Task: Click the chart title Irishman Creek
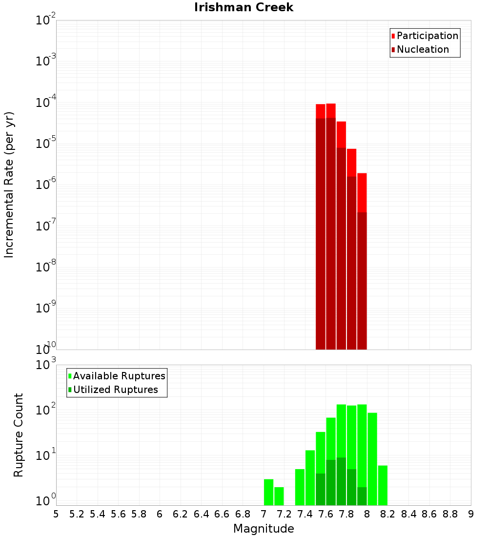(x=244, y=7)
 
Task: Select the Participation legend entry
(x=427, y=36)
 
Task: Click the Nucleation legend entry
(x=422, y=49)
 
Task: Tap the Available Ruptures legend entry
(x=119, y=376)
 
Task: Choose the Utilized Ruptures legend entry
(x=115, y=390)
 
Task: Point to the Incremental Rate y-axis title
(x=9, y=185)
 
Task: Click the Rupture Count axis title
(x=19, y=434)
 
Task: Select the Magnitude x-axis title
(x=264, y=529)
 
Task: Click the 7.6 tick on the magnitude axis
(x=325, y=514)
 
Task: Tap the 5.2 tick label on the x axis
(x=77, y=514)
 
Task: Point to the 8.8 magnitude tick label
(x=450, y=514)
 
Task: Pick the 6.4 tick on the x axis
(x=201, y=514)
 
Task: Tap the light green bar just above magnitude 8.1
(x=383, y=485)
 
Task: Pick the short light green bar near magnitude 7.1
(x=279, y=496)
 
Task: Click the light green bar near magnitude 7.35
(x=300, y=487)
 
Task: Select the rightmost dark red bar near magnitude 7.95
(x=362, y=281)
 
